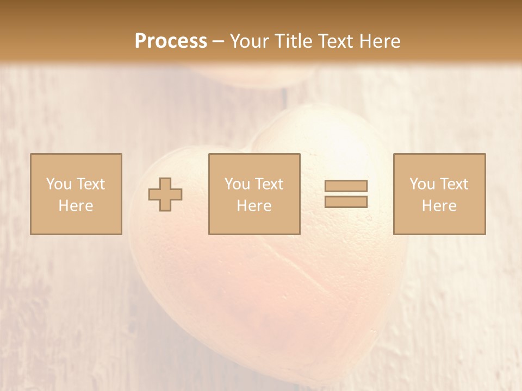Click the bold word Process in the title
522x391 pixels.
pyautogui.click(x=171, y=41)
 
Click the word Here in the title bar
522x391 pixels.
pyautogui.click(x=382, y=41)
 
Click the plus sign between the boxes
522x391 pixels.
pyautogui.click(x=165, y=194)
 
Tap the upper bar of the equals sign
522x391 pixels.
pyautogui.click(x=346, y=186)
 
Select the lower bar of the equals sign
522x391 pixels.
pyautogui.click(x=346, y=201)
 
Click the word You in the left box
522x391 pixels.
pyautogui.click(x=59, y=184)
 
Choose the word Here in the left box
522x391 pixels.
pyautogui.click(x=76, y=206)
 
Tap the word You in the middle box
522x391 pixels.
pyautogui.click(x=237, y=184)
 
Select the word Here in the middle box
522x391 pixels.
pyautogui.click(x=254, y=206)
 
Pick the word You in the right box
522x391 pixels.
pyautogui.click(x=422, y=184)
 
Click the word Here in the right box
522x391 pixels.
pyautogui.click(x=439, y=206)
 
